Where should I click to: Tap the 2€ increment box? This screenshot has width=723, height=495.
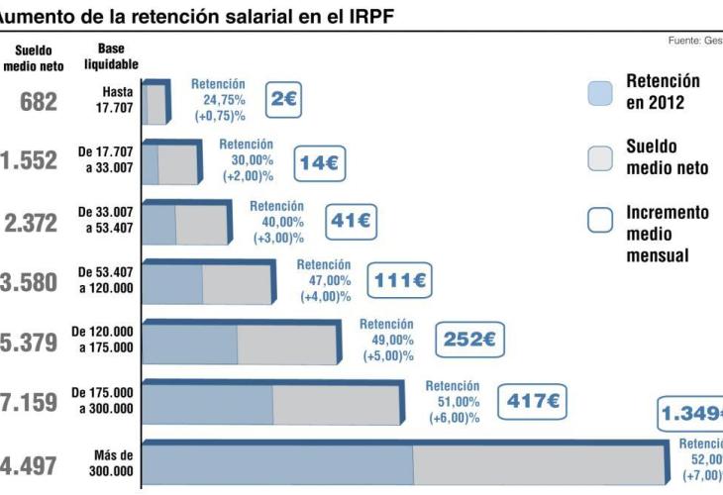(x=284, y=99)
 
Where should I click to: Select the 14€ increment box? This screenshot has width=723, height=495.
(x=319, y=162)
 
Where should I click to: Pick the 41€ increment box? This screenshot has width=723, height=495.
(x=351, y=221)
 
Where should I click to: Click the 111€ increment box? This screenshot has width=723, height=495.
(x=400, y=281)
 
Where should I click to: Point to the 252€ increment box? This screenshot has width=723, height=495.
(x=468, y=340)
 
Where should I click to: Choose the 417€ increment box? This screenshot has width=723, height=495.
(x=533, y=401)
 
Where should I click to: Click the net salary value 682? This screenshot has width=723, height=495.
(x=40, y=101)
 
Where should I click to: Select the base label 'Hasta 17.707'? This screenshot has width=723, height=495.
(x=117, y=100)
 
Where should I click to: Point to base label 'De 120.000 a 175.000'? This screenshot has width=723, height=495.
(x=103, y=340)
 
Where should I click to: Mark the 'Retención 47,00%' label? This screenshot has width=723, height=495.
(x=324, y=280)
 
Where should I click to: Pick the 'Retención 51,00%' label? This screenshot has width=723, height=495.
(x=454, y=402)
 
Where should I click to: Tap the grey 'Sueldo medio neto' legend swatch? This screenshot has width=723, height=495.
(x=600, y=157)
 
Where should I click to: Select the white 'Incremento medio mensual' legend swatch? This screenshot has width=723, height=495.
(x=600, y=220)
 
